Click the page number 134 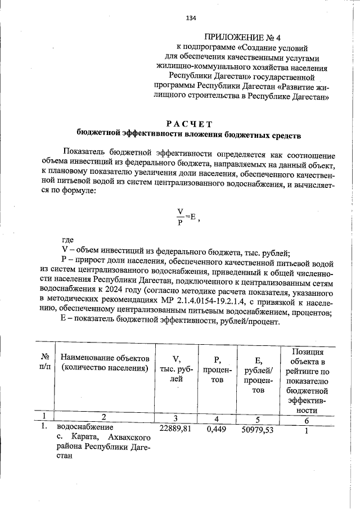(x=191, y=18)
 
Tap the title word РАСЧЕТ (x=189, y=124)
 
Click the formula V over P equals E (x=186, y=217)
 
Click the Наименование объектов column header (x=105, y=363)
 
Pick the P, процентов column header (x=217, y=368)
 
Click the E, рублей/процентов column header (x=259, y=374)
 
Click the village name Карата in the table (x=86, y=438)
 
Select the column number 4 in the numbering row (x=217, y=419)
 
